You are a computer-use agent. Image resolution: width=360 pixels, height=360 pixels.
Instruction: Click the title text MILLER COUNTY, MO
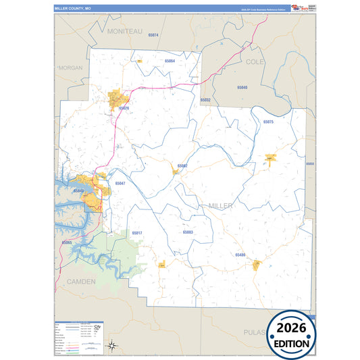pyautogui.click(x=72, y=8)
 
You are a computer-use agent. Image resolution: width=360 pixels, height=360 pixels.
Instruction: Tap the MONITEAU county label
pyautogui.click(x=125, y=32)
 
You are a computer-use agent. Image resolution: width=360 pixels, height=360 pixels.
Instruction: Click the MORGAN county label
pyautogui.click(x=70, y=68)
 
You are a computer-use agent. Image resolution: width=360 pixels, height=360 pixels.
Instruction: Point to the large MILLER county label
pyautogui.click(x=221, y=205)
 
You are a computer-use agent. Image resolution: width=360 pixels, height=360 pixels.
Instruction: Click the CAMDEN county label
pyautogui.click(x=80, y=280)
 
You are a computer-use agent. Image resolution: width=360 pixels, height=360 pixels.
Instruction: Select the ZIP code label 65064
pyautogui.click(x=170, y=61)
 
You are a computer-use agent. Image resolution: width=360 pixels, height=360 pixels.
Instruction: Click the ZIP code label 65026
pyautogui.click(x=124, y=108)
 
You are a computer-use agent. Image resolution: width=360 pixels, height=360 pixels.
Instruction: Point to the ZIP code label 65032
pyautogui.click(x=205, y=100)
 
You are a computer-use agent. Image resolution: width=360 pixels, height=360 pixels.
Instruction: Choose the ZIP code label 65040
pyautogui.click(x=242, y=88)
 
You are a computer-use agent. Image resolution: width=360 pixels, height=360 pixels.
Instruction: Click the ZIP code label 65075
pyautogui.click(x=268, y=122)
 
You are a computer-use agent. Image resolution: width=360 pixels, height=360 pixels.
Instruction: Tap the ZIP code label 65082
pyautogui.click(x=182, y=165)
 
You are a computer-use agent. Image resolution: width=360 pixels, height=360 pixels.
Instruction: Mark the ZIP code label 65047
pyautogui.click(x=120, y=183)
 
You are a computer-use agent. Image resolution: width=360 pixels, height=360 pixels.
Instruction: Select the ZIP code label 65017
pyautogui.click(x=137, y=232)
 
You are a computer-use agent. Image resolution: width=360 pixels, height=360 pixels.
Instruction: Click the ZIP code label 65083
pyautogui.click(x=188, y=232)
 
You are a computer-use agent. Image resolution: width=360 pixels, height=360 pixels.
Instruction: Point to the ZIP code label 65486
pyautogui.click(x=240, y=255)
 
